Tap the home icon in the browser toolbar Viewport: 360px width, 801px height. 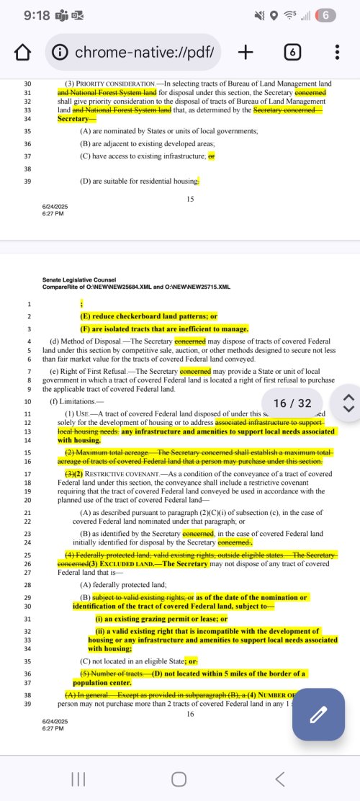pos(23,53)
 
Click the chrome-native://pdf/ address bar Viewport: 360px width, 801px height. pos(134,52)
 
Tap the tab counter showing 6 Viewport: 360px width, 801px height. pos(292,52)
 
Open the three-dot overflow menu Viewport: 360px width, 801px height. pos(337,52)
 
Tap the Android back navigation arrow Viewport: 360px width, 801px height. pos(280,779)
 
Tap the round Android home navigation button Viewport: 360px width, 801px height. pos(179,779)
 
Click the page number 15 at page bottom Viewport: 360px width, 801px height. pos(190,198)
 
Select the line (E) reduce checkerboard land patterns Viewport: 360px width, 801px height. pos(148,316)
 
